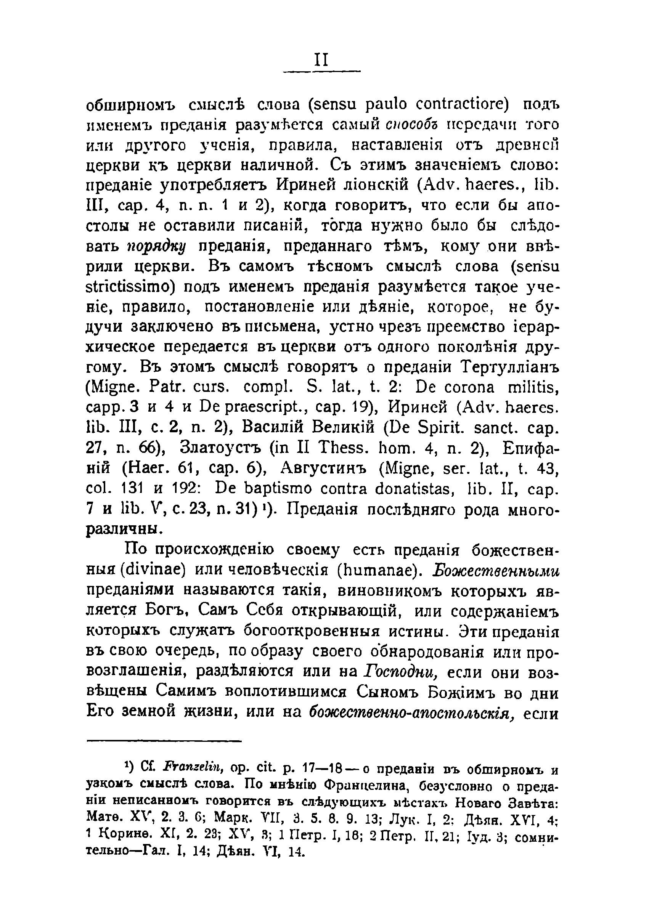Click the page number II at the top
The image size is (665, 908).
click(x=321, y=61)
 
